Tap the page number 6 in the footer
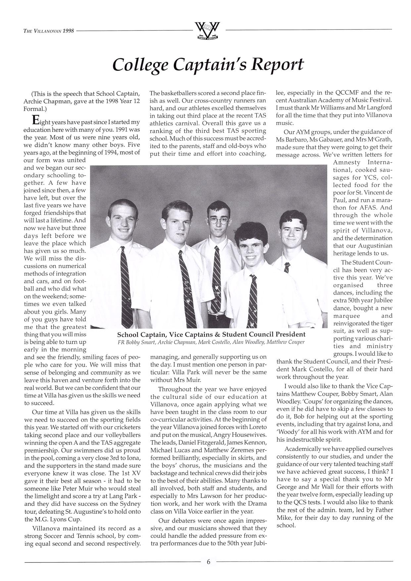pos(208,561)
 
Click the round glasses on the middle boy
pos(218,220)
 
